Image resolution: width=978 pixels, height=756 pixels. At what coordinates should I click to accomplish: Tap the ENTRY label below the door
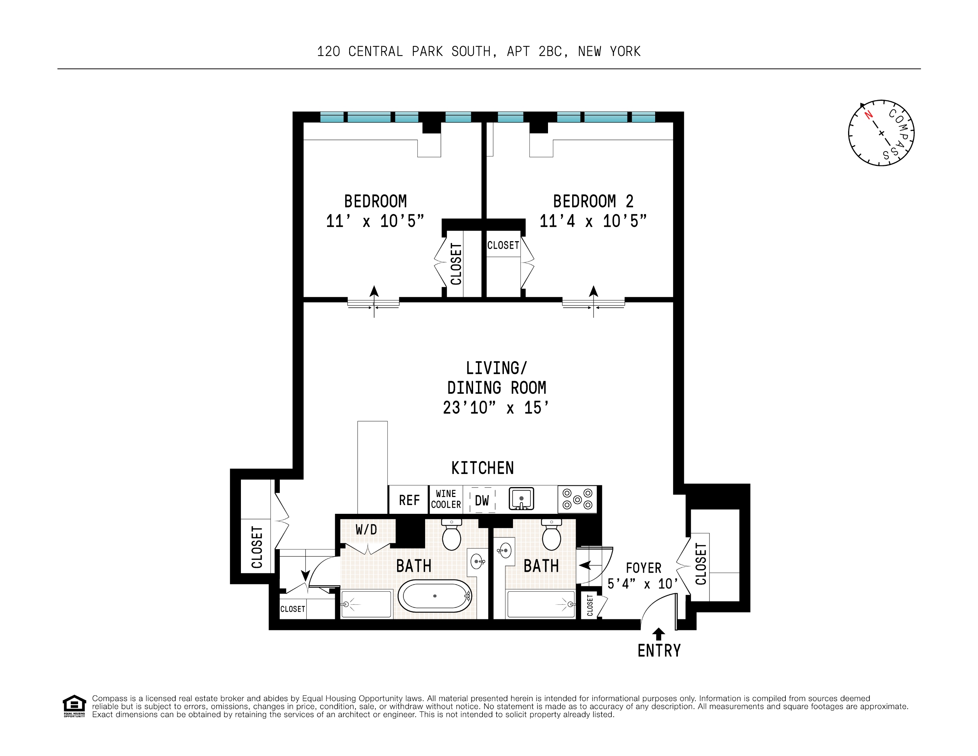(x=659, y=651)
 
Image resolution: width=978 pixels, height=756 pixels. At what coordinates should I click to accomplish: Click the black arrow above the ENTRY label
(x=658, y=634)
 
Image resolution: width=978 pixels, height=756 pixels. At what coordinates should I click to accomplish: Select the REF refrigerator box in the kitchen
(x=409, y=500)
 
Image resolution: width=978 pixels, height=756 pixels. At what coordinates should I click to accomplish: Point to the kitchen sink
(x=521, y=499)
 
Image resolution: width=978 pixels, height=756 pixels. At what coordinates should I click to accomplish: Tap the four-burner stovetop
(x=577, y=499)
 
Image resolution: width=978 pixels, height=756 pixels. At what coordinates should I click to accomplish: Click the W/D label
(x=366, y=530)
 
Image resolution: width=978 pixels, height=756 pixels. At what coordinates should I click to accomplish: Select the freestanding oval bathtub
(x=435, y=596)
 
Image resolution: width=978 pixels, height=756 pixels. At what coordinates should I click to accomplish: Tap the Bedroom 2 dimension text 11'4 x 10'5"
(x=593, y=221)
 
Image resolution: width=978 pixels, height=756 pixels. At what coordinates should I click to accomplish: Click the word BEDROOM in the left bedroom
(x=375, y=201)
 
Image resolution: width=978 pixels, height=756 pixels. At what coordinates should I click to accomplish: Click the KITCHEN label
(x=482, y=468)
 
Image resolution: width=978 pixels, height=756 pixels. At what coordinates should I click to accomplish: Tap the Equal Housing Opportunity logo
(x=74, y=706)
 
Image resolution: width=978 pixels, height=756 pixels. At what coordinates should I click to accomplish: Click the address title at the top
(x=479, y=51)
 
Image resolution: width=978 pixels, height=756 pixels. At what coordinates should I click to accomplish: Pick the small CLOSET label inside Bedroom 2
(x=503, y=245)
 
